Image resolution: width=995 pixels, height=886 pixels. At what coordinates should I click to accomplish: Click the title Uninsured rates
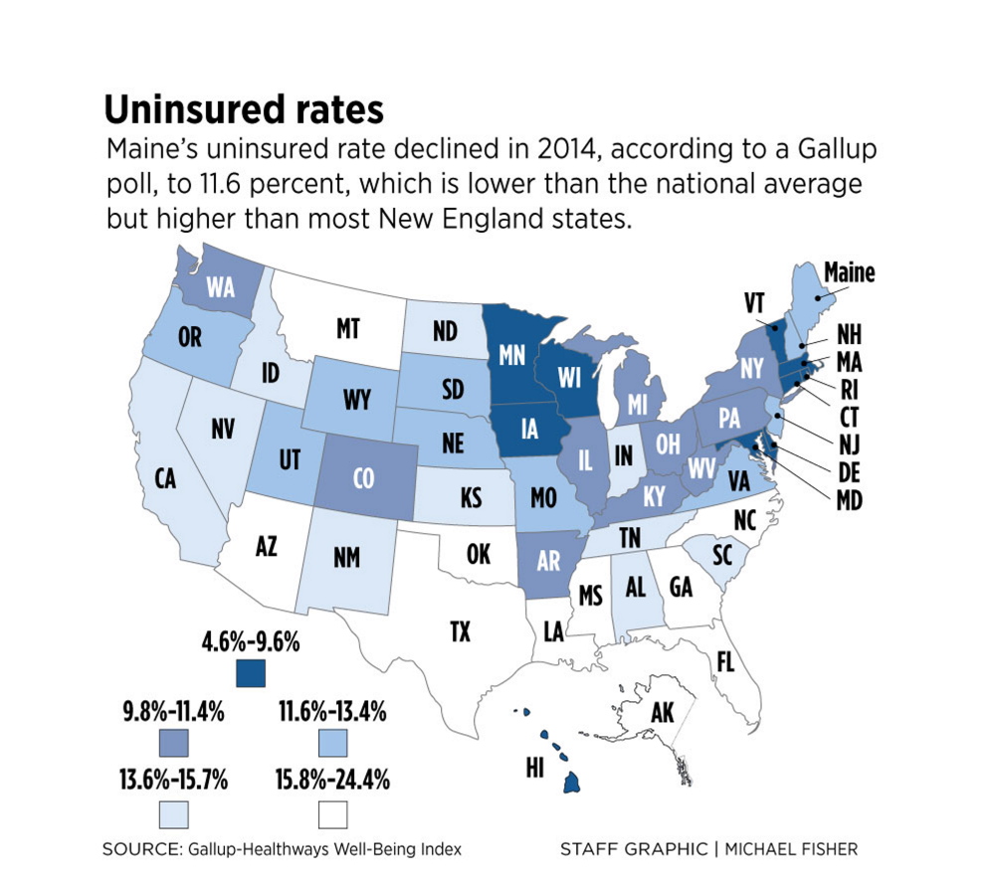click(x=244, y=109)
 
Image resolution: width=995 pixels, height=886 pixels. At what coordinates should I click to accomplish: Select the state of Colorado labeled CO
click(x=363, y=478)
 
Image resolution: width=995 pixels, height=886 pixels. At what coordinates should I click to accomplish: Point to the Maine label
click(x=848, y=271)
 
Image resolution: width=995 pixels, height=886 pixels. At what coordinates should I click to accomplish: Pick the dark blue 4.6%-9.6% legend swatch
click(x=252, y=672)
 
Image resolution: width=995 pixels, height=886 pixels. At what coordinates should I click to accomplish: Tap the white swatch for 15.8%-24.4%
click(x=331, y=815)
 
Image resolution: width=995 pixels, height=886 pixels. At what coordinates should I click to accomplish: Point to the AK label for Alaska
click(x=662, y=713)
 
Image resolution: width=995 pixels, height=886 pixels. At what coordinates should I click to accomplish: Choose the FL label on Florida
click(x=725, y=660)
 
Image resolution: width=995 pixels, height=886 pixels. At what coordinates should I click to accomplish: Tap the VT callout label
click(x=755, y=303)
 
